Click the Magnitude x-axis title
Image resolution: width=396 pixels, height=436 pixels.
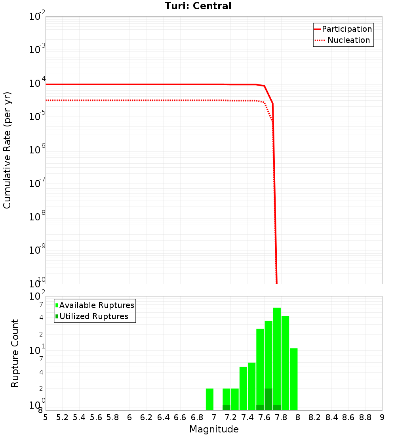[214, 429]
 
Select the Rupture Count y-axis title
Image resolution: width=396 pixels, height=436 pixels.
[15, 353]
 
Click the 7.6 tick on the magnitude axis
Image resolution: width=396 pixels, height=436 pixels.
[264, 417]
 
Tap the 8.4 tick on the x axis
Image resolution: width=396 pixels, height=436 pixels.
[331, 417]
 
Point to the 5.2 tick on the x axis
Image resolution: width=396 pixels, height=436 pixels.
[62, 417]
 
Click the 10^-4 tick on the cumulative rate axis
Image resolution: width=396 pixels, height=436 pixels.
[37, 84]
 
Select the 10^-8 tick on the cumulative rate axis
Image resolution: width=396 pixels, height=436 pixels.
[37, 217]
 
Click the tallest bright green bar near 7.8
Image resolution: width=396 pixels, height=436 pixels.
[277, 357]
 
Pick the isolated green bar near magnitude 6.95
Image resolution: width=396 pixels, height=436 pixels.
[209, 399]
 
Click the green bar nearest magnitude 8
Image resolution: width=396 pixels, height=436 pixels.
[293, 379]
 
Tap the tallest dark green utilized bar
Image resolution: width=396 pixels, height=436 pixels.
[268, 399]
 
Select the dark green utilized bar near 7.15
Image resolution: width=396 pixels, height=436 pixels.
[226, 407]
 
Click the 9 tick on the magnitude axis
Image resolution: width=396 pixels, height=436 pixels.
[382, 417]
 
